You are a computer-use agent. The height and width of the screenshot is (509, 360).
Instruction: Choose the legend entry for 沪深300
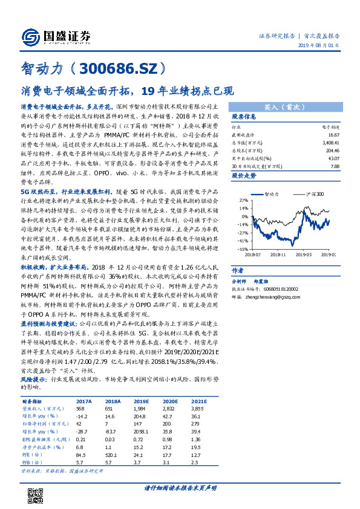pyautogui.click(x=314, y=194)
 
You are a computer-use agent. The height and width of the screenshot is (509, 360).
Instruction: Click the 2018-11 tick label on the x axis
pyautogui.click(x=279, y=254)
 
